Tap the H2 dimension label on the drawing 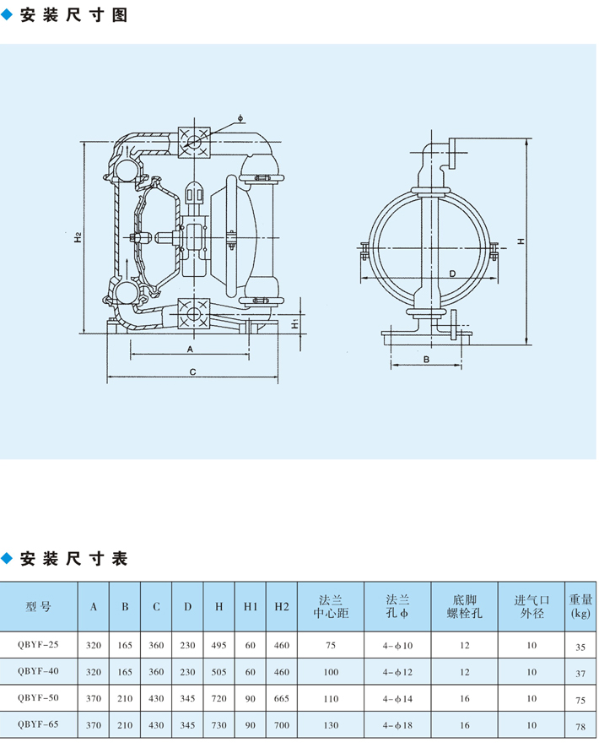point(78,237)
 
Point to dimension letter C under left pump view point(192,371)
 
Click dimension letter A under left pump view point(191,348)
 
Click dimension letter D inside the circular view point(452,274)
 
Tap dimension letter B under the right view point(427,359)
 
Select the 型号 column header point(39,606)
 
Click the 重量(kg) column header point(580,606)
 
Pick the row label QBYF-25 point(38,646)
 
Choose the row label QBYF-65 point(38,724)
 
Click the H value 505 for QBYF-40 point(219,672)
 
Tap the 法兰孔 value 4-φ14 point(397,698)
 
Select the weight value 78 point(580,726)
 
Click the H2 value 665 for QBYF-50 point(281,698)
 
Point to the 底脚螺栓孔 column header point(465,606)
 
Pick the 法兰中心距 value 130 point(331,724)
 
